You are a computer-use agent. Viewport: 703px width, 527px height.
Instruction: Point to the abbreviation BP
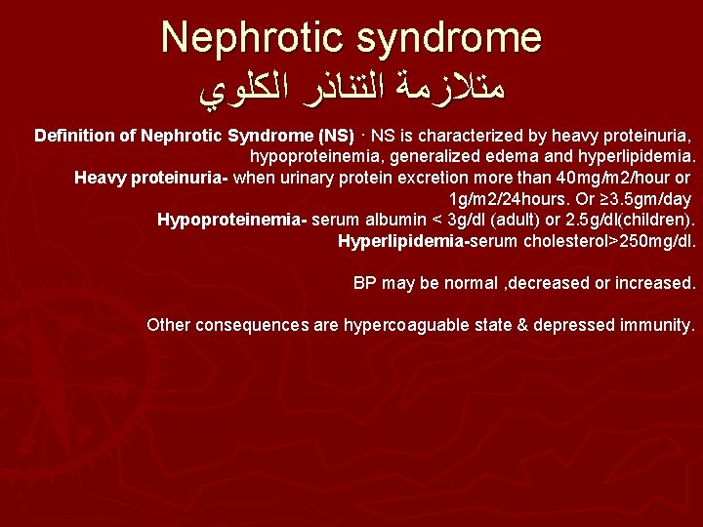[x=364, y=283]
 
